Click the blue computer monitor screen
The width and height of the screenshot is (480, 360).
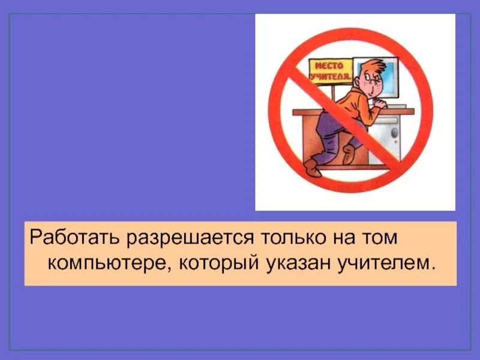pos(387,75)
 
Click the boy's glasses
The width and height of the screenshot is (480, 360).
pos(373,79)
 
